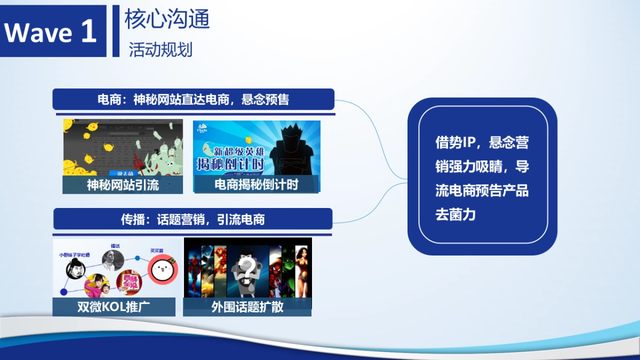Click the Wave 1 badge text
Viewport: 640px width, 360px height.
[51, 32]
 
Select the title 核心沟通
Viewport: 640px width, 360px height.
[167, 20]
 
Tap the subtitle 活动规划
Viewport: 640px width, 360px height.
[160, 50]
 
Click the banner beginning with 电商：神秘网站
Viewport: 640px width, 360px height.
[193, 100]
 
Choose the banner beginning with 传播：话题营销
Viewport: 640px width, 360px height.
[193, 219]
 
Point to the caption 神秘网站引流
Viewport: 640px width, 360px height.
[123, 185]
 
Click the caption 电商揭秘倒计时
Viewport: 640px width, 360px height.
[256, 185]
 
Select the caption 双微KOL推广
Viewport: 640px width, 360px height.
[114, 307]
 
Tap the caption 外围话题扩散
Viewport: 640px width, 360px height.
[247, 307]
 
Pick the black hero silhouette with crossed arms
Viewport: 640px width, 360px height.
[290, 149]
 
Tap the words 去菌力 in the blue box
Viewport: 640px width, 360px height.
[455, 215]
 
